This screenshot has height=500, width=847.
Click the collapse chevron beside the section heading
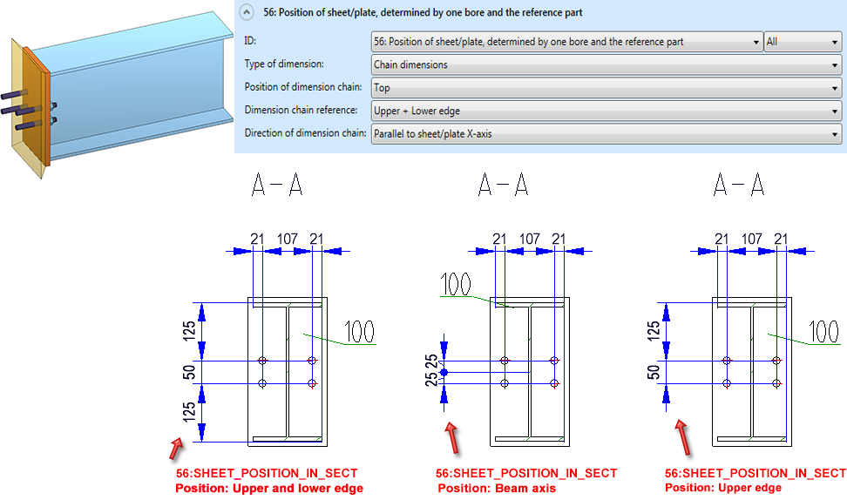[x=247, y=13]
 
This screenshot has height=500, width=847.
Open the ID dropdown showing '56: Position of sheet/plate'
[x=566, y=42]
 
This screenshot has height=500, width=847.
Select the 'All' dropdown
[x=802, y=42]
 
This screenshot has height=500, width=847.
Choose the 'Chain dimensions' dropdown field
[x=606, y=64]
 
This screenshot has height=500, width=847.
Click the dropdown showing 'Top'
[x=606, y=87]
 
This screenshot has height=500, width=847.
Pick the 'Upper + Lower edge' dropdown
[x=606, y=111]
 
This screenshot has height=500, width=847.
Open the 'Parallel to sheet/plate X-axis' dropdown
[x=606, y=134]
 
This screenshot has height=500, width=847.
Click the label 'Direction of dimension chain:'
[x=305, y=134]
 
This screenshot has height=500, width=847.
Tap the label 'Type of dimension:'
[x=285, y=64]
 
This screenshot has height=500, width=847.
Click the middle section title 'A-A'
[x=503, y=185]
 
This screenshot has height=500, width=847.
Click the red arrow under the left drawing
[x=177, y=449]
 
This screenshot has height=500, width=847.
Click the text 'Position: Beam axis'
[x=497, y=489]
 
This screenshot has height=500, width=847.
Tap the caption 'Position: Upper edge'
[x=723, y=488]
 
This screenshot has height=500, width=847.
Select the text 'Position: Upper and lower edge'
[x=269, y=489]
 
